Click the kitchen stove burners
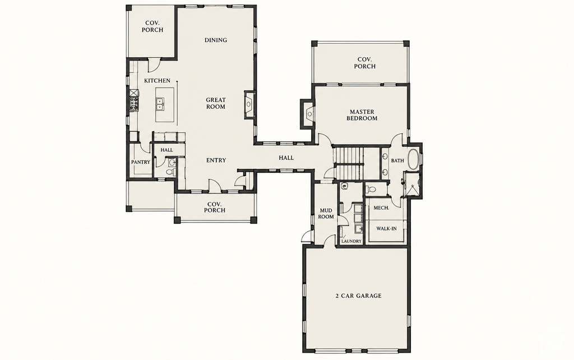click(x=134, y=103)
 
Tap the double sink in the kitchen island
click(x=160, y=104)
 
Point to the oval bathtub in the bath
click(x=413, y=160)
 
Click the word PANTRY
click(x=141, y=162)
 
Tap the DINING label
click(x=216, y=40)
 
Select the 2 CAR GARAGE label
click(x=358, y=296)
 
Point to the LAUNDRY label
click(x=351, y=241)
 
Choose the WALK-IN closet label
click(x=386, y=229)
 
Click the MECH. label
click(x=381, y=207)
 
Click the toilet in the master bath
click(x=371, y=190)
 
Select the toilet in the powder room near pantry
click(x=170, y=172)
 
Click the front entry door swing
click(x=214, y=185)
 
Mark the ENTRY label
click(x=216, y=160)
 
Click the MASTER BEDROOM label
click(x=362, y=115)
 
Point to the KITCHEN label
click(x=157, y=81)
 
